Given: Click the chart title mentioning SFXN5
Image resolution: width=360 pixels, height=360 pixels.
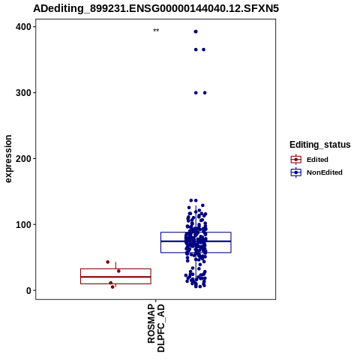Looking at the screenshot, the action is coord(156,8).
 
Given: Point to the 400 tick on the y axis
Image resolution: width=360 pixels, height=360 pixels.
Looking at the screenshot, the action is coord(24,27).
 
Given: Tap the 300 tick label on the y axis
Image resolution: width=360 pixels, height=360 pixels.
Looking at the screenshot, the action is coord(24,93).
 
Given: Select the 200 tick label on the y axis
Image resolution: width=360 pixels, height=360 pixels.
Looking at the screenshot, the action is coord(24,158).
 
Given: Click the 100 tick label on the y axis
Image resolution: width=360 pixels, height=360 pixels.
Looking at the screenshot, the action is coord(24,224).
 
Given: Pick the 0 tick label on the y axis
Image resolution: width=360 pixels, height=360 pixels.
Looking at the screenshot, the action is coord(29,290).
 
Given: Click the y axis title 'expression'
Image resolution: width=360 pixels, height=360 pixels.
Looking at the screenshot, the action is coord(8,159).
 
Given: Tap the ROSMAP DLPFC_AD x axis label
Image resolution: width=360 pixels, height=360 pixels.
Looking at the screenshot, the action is coord(156,328).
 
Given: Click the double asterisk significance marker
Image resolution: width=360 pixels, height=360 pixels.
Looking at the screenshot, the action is coord(156,31).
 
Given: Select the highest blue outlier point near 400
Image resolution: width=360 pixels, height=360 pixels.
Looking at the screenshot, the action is coord(196,31).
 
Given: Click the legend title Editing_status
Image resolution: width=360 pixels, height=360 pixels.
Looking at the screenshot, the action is coord(320,145).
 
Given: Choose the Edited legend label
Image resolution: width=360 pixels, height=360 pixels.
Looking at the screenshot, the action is coord(317,160).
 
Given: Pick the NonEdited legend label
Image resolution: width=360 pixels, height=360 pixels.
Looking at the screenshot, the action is coord(325,172).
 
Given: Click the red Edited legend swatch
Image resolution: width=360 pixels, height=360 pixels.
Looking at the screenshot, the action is coord(296,160).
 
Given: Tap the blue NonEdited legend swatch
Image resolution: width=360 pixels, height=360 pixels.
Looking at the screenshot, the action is coord(296,172).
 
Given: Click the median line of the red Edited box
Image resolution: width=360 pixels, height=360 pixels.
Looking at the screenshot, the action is coord(115,277).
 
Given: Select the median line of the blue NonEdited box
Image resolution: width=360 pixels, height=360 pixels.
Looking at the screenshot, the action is coord(196,241).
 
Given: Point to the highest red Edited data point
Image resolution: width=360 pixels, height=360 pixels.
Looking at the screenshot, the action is coord(108,262).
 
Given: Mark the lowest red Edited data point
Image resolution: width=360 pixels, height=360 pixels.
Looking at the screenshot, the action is coord(112,287).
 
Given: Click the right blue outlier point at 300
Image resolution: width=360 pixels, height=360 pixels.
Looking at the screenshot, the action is coord(205,93).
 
